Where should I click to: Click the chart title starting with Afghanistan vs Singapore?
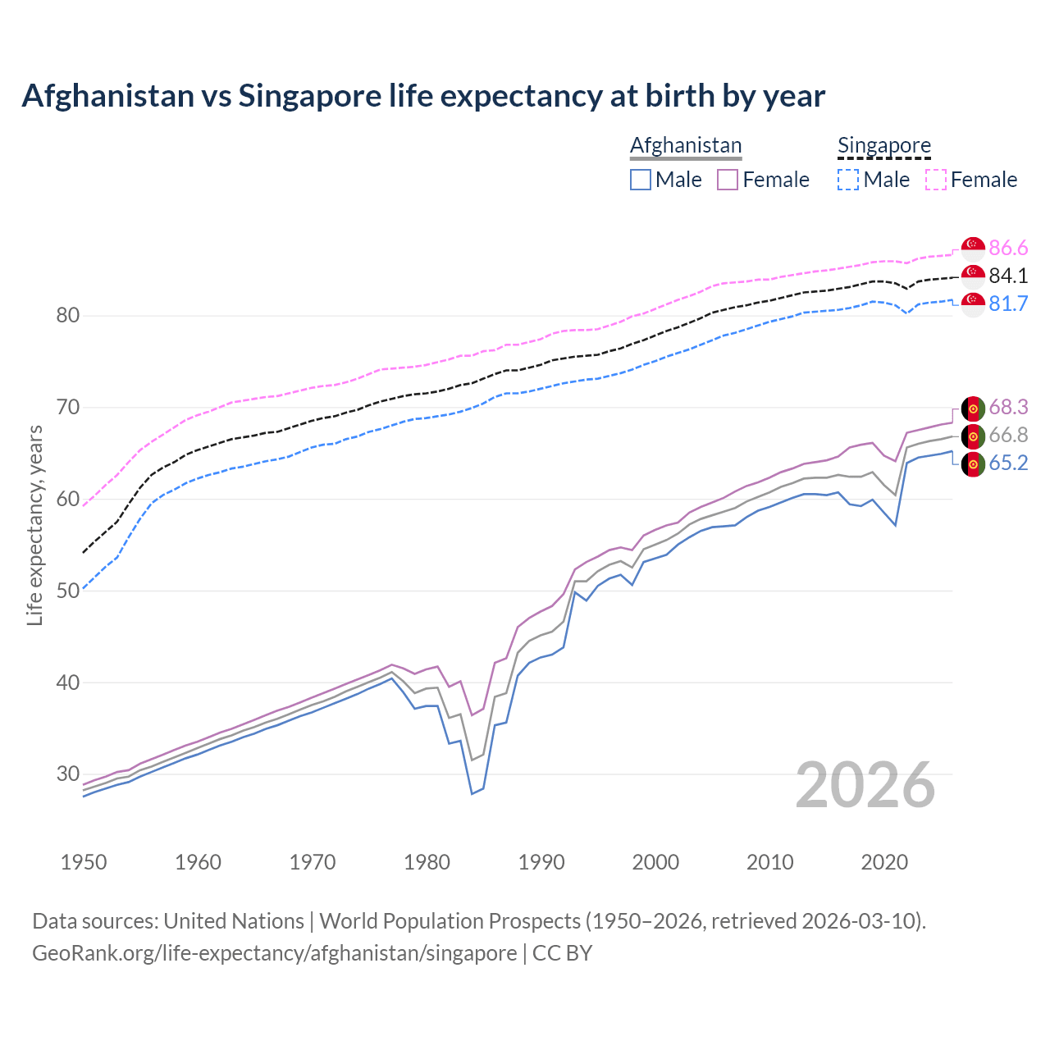tap(423, 96)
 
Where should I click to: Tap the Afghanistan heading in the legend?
tap(686, 145)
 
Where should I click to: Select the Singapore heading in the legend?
tap(884, 145)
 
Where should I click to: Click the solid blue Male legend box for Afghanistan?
tap(641, 180)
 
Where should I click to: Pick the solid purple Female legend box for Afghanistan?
tap(728, 180)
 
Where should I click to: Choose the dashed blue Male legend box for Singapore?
tap(848, 180)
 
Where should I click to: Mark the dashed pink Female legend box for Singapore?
tap(936, 180)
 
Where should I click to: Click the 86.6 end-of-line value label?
tap(1008, 248)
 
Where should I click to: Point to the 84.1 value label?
tap(1008, 276)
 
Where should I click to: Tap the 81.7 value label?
tap(1008, 304)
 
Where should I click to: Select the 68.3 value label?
tap(1008, 407)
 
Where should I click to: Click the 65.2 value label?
tap(1008, 463)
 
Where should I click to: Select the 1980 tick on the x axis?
tap(427, 862)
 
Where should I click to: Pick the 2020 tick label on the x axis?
tap(884, 862)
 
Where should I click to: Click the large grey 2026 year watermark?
tap(865, 785)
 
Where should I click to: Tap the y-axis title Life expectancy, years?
tap(34, 525)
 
